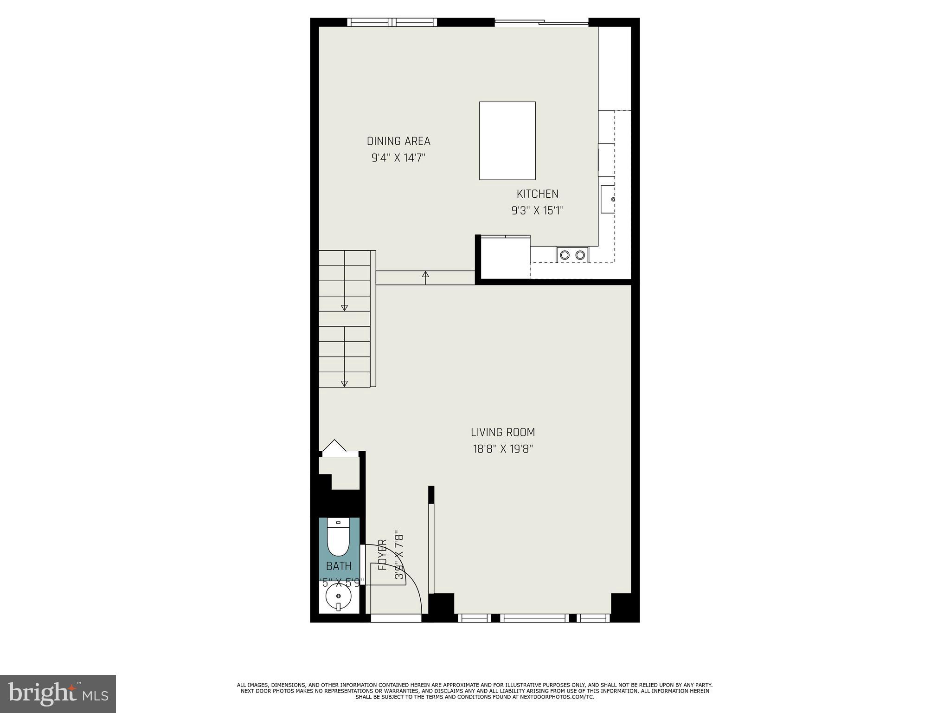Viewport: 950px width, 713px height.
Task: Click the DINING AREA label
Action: point(398,141)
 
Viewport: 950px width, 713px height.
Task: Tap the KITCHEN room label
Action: point(537,194)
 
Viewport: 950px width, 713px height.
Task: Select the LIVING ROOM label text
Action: point(503,432)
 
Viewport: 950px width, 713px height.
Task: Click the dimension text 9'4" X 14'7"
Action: point(398,158)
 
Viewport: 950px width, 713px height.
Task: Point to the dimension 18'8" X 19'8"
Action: point(503,449)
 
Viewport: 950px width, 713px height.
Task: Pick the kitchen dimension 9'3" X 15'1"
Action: point(537,211)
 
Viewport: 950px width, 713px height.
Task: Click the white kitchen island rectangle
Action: point(507,141)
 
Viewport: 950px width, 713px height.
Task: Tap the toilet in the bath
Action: point(339,538)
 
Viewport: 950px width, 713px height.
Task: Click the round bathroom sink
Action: point(339,596)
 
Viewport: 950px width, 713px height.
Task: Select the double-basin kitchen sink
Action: point(572,254)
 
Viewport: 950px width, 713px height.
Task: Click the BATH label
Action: point(339,566)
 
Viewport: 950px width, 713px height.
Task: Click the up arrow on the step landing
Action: point(425,275)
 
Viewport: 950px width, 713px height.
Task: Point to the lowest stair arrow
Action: point(344,383)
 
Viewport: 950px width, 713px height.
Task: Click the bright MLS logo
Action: point(58,694)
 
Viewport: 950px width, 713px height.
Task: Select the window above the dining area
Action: point(392,22)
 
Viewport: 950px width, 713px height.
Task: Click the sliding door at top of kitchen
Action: point(542,22)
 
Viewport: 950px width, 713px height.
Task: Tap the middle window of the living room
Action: point(536,618)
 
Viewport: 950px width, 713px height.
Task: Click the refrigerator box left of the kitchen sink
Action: point(505,258)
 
